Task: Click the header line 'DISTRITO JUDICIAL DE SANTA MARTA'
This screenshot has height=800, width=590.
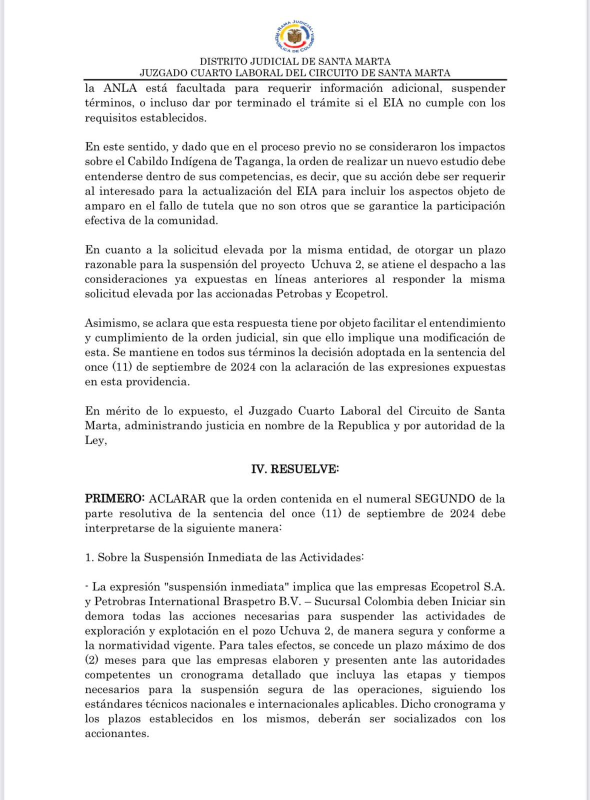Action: point(295,61)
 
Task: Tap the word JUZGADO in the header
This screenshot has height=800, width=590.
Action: point(163,73)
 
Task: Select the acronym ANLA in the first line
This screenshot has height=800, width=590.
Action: point(120,88)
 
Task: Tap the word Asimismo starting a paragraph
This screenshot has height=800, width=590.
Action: point(107,323)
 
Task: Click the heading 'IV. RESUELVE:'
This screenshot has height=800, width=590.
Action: point(295,469)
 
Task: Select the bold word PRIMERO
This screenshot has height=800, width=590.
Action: point(114,499)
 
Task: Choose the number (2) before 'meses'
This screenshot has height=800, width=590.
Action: point(91,660)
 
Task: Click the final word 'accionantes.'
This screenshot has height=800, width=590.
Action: point(117,734)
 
